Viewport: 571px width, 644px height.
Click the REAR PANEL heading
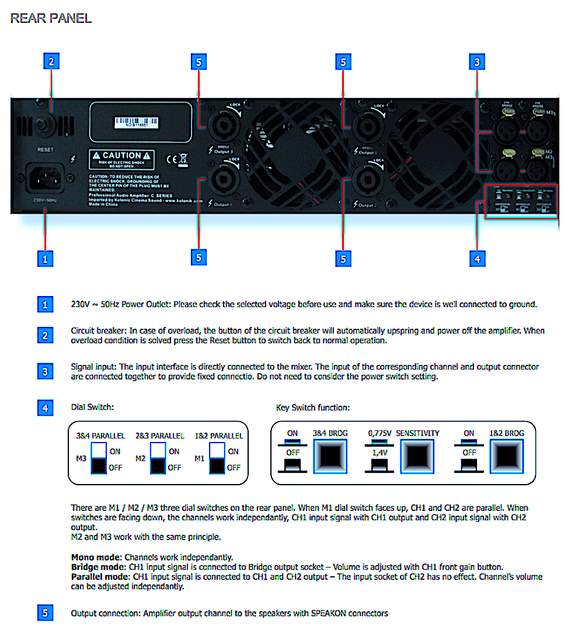pos(51,18)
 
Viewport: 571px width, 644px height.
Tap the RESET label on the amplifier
pos(45,149)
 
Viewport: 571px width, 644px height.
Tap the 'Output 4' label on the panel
pos(222,205)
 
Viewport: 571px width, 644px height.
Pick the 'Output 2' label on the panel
pos(367,205)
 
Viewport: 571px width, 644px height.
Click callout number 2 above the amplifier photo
pos(51,61)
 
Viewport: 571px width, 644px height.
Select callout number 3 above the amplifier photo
pos(478,61)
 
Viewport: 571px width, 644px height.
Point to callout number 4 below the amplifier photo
pos(478,258)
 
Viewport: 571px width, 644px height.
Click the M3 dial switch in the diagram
pos(99,458)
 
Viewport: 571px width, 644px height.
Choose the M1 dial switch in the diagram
pos(217,458)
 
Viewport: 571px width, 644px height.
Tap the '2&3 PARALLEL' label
pos(159,436)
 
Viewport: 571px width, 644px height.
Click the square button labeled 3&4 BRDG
pos(330,456)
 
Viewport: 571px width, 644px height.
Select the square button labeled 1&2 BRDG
pos(507,456)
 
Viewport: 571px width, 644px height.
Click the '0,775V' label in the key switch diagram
pos(379,433)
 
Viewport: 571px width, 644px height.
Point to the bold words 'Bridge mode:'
pos(96,567)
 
